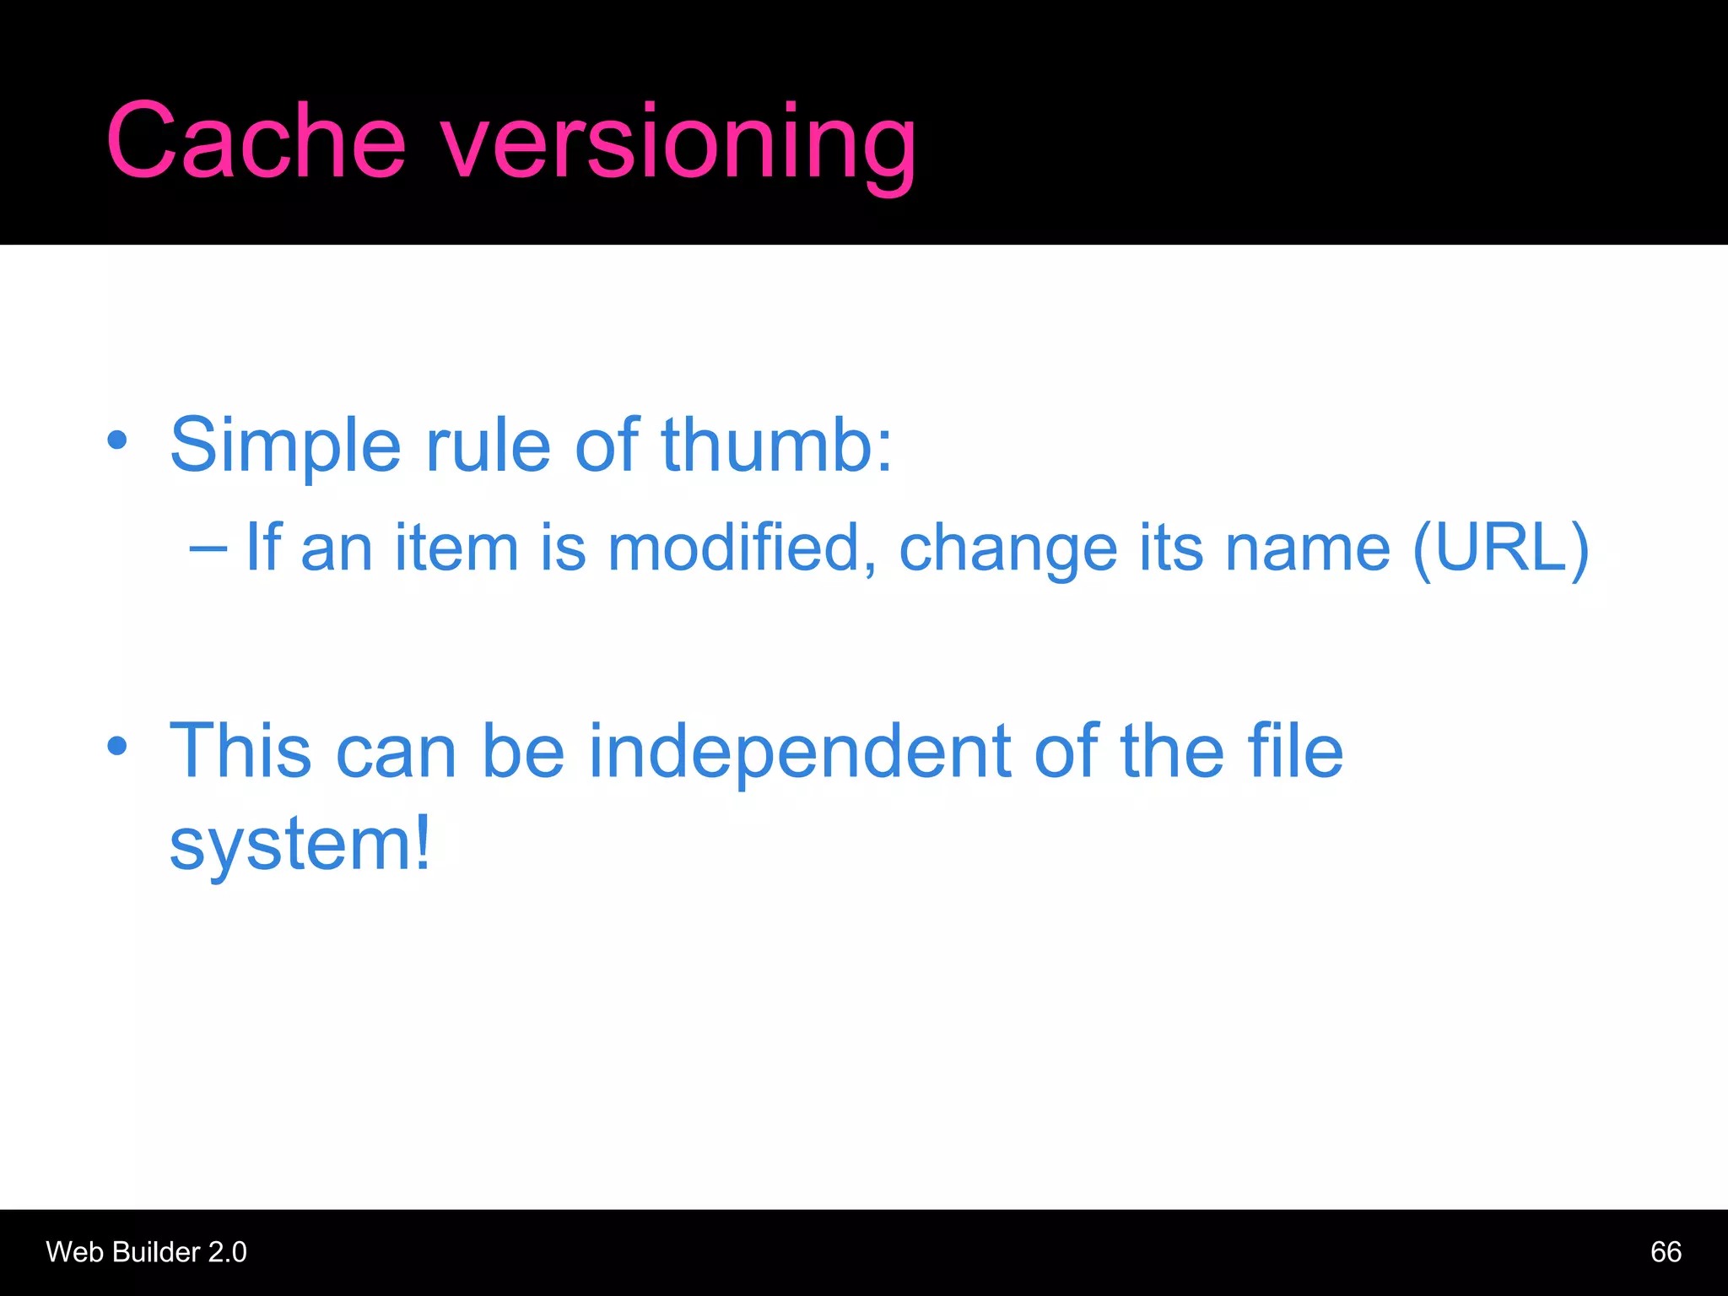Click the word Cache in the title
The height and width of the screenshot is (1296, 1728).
pos(256,141)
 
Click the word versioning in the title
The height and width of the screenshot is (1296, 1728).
pos(679,143)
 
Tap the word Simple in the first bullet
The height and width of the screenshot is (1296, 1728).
pos(285,445)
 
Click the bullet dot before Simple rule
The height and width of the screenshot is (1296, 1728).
pos(117,440)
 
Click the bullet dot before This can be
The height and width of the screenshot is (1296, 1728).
pos(117,746)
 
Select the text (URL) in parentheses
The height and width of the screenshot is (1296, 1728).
pos(1500,548)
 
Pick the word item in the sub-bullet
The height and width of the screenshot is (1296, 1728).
pos(456,548)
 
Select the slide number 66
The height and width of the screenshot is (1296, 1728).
pos(1666,1252)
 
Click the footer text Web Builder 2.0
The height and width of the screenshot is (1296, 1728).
pos(147,1252)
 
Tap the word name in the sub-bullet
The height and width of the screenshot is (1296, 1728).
pos(1307,548)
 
